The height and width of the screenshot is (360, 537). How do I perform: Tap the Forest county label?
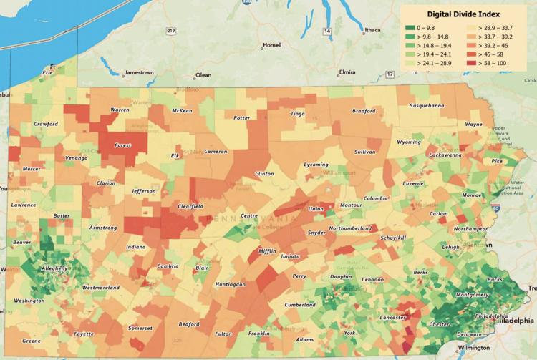123,145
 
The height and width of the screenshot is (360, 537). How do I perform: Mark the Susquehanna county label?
427,105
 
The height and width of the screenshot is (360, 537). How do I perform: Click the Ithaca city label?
372,30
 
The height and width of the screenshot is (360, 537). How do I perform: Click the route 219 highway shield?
170,31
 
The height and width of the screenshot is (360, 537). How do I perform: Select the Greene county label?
32,341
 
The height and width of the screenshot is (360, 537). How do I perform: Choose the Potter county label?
242,118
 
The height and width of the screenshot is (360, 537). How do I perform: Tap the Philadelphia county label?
490,316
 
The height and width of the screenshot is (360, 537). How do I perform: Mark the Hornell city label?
272,45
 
